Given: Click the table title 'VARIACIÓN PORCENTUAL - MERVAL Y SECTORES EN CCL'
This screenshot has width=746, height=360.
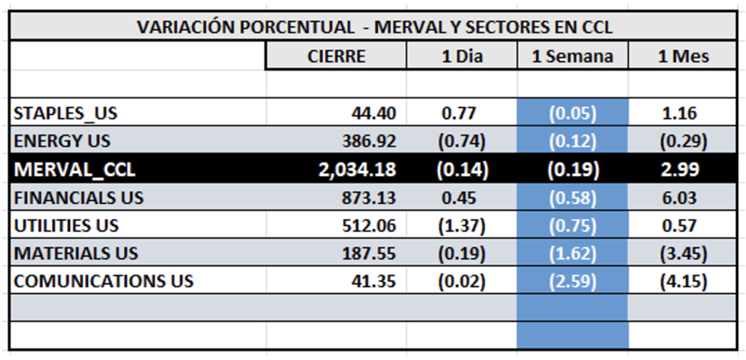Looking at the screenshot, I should pos(375,27).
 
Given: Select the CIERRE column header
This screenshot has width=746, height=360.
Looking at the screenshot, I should pos(336,56).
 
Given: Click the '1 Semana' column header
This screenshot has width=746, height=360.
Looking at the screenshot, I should pos(572,56).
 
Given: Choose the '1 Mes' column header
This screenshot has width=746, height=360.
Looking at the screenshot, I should pos(683,56).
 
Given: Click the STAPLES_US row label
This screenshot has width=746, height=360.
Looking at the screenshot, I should pos(65,114).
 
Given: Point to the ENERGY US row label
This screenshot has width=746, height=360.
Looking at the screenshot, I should pos(62,142).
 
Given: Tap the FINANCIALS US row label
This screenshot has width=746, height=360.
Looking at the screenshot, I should pos(78,198).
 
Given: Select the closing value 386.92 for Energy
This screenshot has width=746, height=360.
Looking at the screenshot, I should pos(368,142).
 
